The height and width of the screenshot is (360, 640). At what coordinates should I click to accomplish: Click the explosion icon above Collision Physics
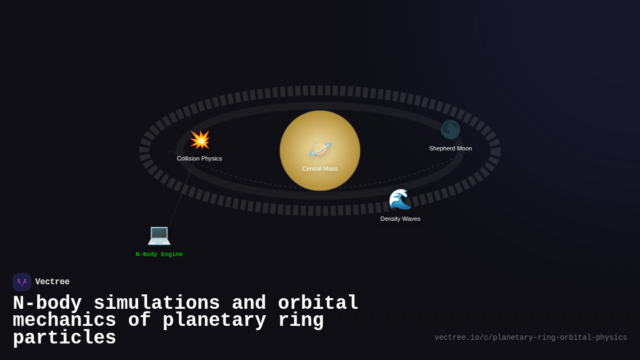tap(200, 140)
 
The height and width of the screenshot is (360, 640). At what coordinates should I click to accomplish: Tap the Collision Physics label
tap(199, 158)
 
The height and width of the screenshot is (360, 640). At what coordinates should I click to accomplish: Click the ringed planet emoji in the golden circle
tap(320, 149)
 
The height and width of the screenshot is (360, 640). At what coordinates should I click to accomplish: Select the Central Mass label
tap(320, 169)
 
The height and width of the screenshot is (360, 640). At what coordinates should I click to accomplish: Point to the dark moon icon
tap(450, 130)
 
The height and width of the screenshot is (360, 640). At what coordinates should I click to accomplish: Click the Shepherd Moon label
tap(451, 148)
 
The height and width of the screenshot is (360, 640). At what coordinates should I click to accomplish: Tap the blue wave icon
tap(400, 199)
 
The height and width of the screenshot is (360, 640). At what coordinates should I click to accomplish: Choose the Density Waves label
tap(401, 219)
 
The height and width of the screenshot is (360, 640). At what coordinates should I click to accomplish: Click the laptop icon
tap(159, 235)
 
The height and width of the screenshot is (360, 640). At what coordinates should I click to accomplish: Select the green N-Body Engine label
tap(159, 254)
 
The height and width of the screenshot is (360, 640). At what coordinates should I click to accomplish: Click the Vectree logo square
tap(22, 282)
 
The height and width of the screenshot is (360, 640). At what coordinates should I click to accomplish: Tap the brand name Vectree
tap(52, 282)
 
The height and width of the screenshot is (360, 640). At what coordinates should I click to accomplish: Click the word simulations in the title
tap(157, 303)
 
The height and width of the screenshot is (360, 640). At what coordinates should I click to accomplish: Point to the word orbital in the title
tap(318, 303)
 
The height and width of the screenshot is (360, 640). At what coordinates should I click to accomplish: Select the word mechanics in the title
tap(65, 321)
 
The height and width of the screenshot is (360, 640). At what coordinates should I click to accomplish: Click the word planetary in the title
tap(214, 321)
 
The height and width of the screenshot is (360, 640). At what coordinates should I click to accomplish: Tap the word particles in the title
tap(65, 338)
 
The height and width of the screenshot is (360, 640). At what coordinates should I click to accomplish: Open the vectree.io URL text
tap(531, 338)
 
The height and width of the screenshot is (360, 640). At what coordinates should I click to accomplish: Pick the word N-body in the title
tap(47, 303)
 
